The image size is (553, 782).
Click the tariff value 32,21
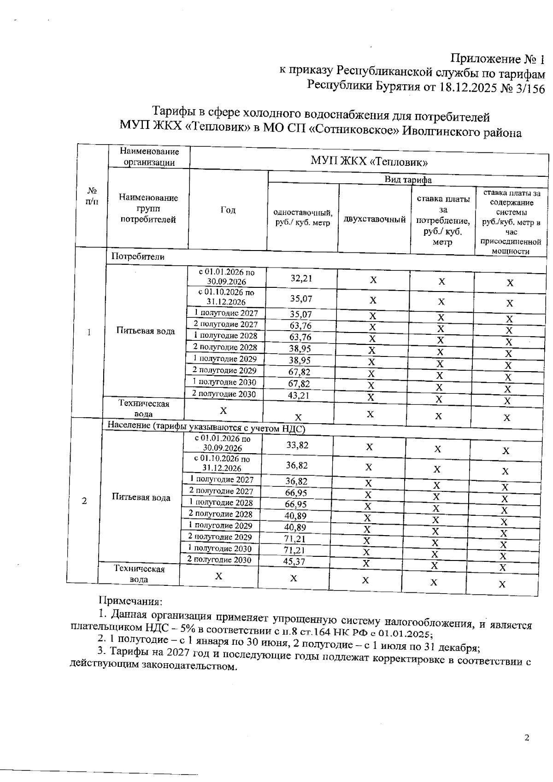[301, 278]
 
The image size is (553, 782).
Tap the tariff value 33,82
[297, 444]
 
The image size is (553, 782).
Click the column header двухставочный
[374, 219]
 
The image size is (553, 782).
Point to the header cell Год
[228, 210]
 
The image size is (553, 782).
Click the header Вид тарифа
[407, 180]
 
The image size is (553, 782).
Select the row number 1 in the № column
[88, 332]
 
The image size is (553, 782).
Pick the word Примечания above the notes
[130, 601]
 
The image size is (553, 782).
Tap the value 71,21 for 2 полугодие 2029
[295, 538]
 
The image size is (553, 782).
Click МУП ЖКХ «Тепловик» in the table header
[369, 161]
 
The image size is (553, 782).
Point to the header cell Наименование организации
[149, 157]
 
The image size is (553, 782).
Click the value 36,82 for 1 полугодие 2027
[296, 481]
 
